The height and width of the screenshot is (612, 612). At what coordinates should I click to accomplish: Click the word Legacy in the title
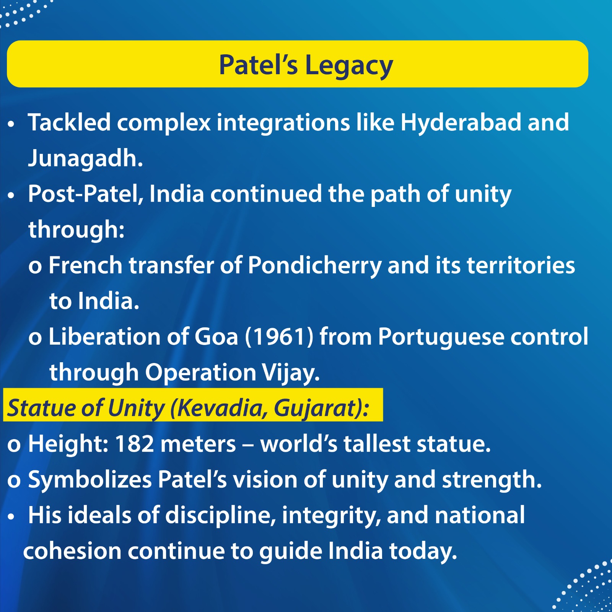348,66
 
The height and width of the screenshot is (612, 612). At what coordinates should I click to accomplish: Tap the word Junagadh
85,158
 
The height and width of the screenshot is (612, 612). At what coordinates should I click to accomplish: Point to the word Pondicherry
314,265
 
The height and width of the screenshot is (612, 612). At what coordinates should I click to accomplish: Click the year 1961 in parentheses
279,337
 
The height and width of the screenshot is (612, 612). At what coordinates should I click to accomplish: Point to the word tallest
377,444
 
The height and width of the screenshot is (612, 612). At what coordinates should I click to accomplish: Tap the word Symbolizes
90,480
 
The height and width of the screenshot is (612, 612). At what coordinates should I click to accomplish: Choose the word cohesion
72,551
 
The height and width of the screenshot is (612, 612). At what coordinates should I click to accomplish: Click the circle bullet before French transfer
35,267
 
